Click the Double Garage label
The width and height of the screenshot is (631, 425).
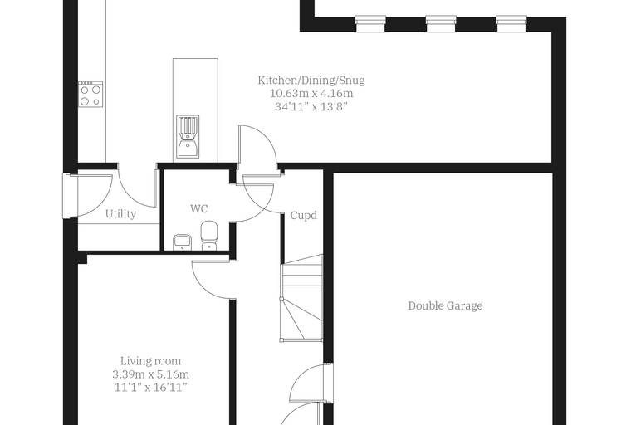[446, 305]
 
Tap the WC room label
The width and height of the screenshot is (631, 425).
[198, 209]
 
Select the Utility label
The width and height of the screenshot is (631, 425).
[120, 213]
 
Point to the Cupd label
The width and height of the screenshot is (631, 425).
[303, 216]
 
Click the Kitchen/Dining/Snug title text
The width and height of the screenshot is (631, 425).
[311, 81]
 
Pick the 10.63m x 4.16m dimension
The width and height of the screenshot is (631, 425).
[311, 94]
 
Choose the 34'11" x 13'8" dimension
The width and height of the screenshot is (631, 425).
[311, 106]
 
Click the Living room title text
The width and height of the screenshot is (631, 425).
[151, 361]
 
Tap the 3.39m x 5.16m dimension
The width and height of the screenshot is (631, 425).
[151, 374]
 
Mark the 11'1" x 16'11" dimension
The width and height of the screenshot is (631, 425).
[151, 388]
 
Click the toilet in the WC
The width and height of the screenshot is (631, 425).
[209, 235]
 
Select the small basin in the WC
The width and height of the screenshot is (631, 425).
[182, 242]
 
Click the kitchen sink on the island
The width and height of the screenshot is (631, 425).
[188, 136]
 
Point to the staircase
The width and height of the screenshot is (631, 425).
[302, 298]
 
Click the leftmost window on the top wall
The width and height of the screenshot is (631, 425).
[370, 23]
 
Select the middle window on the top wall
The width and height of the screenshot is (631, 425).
[441, 23]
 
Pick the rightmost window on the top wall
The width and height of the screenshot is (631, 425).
[511, 23]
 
